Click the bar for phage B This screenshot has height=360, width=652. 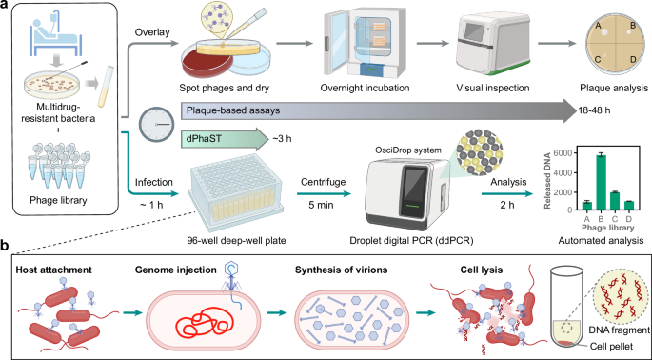click(599, 182)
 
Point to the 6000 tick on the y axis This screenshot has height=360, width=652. click(564, 152)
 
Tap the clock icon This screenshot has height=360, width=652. click(156, 125)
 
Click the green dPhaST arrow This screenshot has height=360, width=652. click(225, 139)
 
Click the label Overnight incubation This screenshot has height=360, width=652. click(365, 89)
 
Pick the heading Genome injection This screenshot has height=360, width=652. click(175, 270)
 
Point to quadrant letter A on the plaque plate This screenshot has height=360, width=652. click(600, 27)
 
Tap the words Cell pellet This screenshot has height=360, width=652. click(611, 347)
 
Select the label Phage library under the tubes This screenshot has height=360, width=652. click(58, 200)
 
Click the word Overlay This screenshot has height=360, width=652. click(152, 32)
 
